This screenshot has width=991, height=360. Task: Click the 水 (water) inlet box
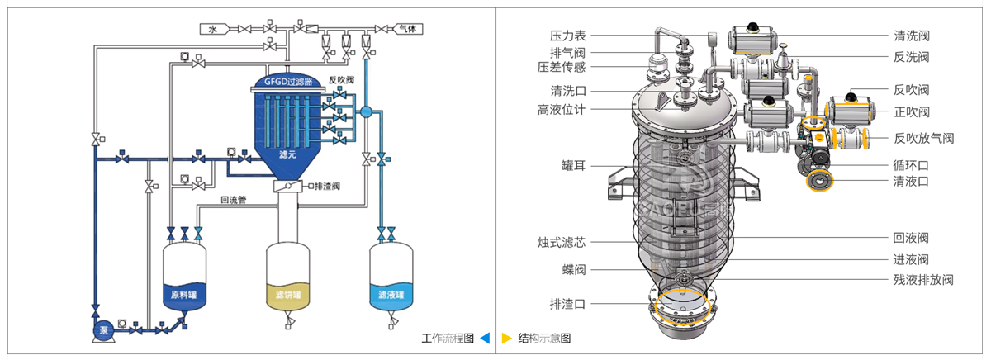tap(212, 29)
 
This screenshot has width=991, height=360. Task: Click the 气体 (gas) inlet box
tap(406, 29)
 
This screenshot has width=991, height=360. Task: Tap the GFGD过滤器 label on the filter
tap(288, 82)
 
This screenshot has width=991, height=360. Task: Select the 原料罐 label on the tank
tap(183, 295)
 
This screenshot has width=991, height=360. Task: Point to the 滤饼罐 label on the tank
tap(288, 295)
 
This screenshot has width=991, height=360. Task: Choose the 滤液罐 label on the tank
tap(391, 295)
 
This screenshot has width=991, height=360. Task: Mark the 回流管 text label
tap(233, 200)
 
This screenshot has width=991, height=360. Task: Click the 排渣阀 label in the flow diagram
tap(329, 187)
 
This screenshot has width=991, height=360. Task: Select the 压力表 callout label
tap(567, 36)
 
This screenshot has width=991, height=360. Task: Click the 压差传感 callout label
tap(562, 67)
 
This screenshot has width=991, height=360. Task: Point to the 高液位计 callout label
tap(562, 110)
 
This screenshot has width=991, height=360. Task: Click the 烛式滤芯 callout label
tap(562, 243)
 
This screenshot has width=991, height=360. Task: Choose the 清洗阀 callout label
tap(912, 36)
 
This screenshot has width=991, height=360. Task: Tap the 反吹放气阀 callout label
tap(923, 138)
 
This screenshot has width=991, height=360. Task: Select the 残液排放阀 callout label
tap(923, 280)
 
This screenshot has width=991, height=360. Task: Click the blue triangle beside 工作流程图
tap(485, 338)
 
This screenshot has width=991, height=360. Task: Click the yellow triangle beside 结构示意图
tap(506, 338)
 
